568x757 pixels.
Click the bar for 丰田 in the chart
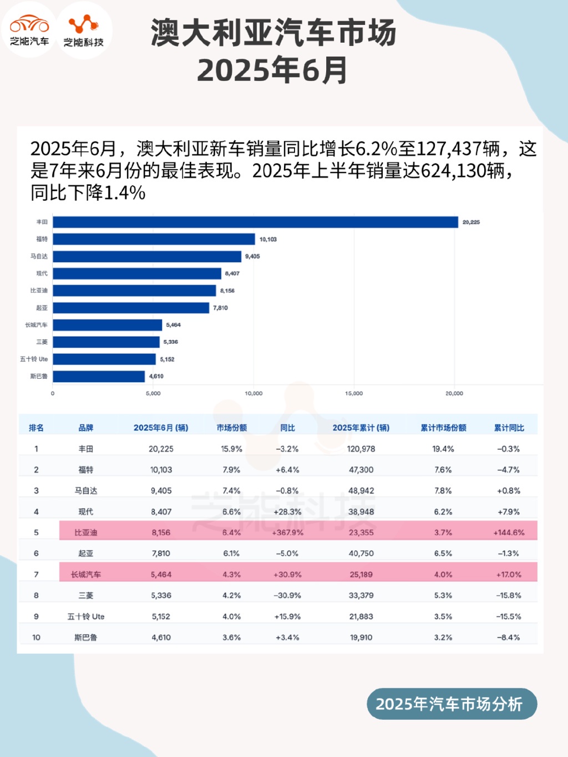[x=255, y=222]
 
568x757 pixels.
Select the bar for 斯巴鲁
[x=99, y=376]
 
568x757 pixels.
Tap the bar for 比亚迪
[x=134, y=291]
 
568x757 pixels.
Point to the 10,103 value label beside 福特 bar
[x=268, y=240]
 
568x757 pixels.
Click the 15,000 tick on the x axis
[x=354, y=393]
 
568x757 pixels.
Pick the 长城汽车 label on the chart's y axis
[x=36, y=325]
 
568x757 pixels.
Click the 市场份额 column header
[x=231, y=428]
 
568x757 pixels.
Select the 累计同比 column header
[x=509, y=428]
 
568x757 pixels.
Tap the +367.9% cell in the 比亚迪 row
[x=287, y=532]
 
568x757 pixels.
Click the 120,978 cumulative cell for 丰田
[x=361, y=449]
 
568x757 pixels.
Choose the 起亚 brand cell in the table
[x=86, y=553]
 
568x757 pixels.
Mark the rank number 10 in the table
[x=36, y=637]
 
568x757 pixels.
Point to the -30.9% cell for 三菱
[x=287, y=595]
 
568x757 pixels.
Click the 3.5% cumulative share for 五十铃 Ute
[x=443, y=616]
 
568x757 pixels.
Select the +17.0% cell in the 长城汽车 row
[x=509, y=575]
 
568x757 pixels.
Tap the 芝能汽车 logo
[x=29, y=30]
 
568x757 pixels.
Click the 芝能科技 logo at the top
[x=84, y=30]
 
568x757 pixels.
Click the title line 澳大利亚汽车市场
[x=273, y=33]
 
